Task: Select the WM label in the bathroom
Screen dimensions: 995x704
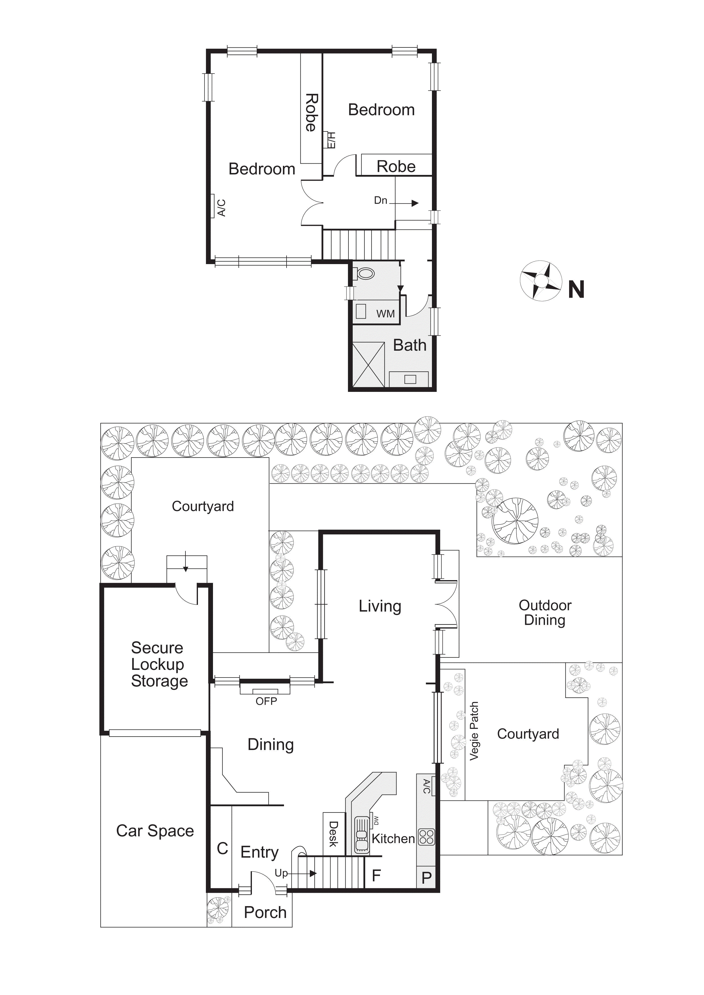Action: pos(385,314)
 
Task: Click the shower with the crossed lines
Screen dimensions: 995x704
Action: pos(369,364)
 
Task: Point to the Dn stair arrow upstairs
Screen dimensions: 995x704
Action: pos(408,203)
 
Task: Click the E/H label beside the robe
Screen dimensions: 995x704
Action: pos(331,140)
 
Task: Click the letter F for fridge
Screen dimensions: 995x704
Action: pos(376,876)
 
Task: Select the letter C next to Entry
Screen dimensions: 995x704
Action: pos(222,848)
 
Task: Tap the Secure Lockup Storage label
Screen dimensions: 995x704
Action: pos(159,664)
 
